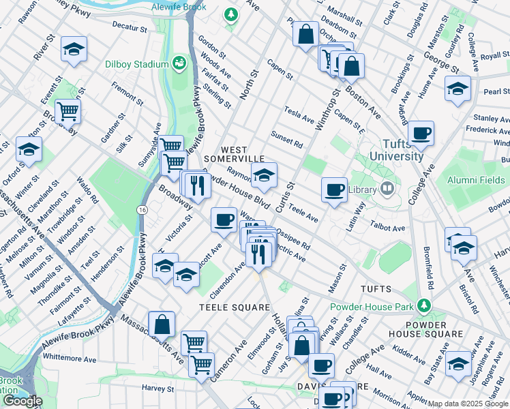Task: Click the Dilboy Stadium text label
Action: tap(136, 64)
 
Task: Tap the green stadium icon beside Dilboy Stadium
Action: tap(180, 63)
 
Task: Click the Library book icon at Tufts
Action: tap(387, 187)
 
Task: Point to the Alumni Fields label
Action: tap(476, 179)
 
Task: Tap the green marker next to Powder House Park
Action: tap(425, 305)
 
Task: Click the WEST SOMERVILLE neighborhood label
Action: tap(243, 154)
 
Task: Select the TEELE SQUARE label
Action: tap(235, 307)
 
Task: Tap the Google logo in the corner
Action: tap(22, 401)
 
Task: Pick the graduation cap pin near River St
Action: tap(74, 49)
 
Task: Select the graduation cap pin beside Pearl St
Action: tap(457, 88)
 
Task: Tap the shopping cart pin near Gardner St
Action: tap(68, 110)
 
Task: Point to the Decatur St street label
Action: tap(130, 29)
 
